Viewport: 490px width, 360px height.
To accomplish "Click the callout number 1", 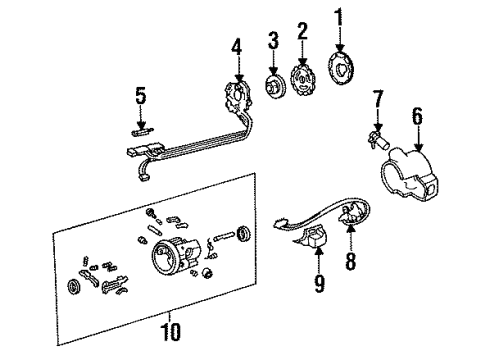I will (x=337, y=17).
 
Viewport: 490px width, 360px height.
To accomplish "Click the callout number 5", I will (x=140, y=97).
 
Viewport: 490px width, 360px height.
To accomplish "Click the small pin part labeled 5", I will (x=140, y=129).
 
